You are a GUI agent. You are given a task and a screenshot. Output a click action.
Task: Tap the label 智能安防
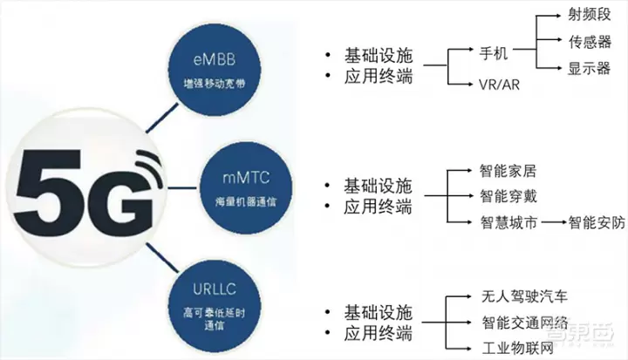pyautogui.click(x=597, y=222)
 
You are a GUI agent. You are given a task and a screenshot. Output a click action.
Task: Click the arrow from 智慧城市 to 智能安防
pyautogui.click(x=549, y=222)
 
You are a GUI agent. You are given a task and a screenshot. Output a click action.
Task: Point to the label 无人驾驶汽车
pyautogui.click(x=523, y=296)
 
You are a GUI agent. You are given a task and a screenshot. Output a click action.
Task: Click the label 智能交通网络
pyautogui.click(x=523, y=323)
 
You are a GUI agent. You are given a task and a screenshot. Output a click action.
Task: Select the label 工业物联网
pyautogui.click(x=515, y=350)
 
